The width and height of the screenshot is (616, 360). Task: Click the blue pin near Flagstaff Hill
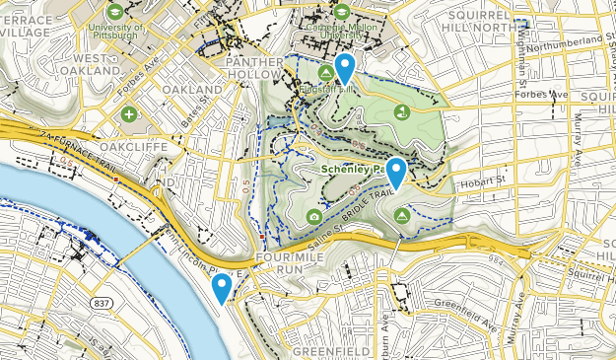click(345, 68)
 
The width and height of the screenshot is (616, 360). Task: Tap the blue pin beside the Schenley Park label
click(396, 173)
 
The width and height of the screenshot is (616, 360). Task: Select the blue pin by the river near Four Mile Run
click(222, 288)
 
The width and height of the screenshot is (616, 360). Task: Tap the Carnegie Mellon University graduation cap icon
click(341, 12)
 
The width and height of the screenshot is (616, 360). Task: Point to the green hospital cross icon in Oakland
click(129, 115)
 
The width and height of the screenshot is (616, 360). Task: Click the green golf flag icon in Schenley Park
click(401, 113)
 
